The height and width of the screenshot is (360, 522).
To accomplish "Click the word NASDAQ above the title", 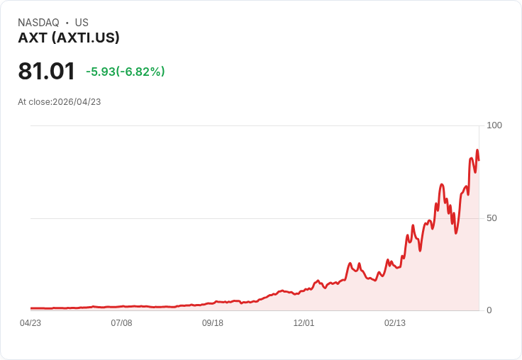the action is (38, 23).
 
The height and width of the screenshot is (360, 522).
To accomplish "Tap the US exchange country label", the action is (82, 23).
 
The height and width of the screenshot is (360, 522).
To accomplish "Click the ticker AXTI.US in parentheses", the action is (88, 38).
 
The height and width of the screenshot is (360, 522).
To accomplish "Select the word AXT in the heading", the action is (33, 38).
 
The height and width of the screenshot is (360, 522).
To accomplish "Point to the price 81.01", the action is (47, 71).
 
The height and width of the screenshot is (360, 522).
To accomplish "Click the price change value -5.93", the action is (101, 72).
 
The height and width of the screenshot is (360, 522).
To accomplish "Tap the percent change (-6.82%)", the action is (140, 72).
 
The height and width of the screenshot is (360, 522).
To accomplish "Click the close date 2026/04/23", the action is (77, 102).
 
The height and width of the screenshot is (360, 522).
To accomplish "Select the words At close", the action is (34, 102).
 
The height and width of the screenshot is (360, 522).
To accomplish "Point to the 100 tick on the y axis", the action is (494, 125).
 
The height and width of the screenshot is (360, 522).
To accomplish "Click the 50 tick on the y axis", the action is (492, 218).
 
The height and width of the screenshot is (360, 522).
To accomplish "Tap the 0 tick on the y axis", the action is (489, 310).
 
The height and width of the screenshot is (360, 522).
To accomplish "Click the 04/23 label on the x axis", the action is (30, 323).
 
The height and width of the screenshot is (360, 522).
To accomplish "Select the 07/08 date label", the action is (121, 323).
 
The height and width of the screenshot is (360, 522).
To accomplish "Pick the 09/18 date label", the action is (213, 323).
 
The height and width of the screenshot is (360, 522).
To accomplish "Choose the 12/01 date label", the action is (304, 323).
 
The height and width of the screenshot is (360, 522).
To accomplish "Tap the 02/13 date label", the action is (395, 323).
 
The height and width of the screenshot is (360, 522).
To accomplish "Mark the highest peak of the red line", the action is (477, 150).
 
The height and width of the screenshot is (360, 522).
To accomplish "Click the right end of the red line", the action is (479, 160).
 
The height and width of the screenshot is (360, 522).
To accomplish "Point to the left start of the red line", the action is (31, 308).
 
